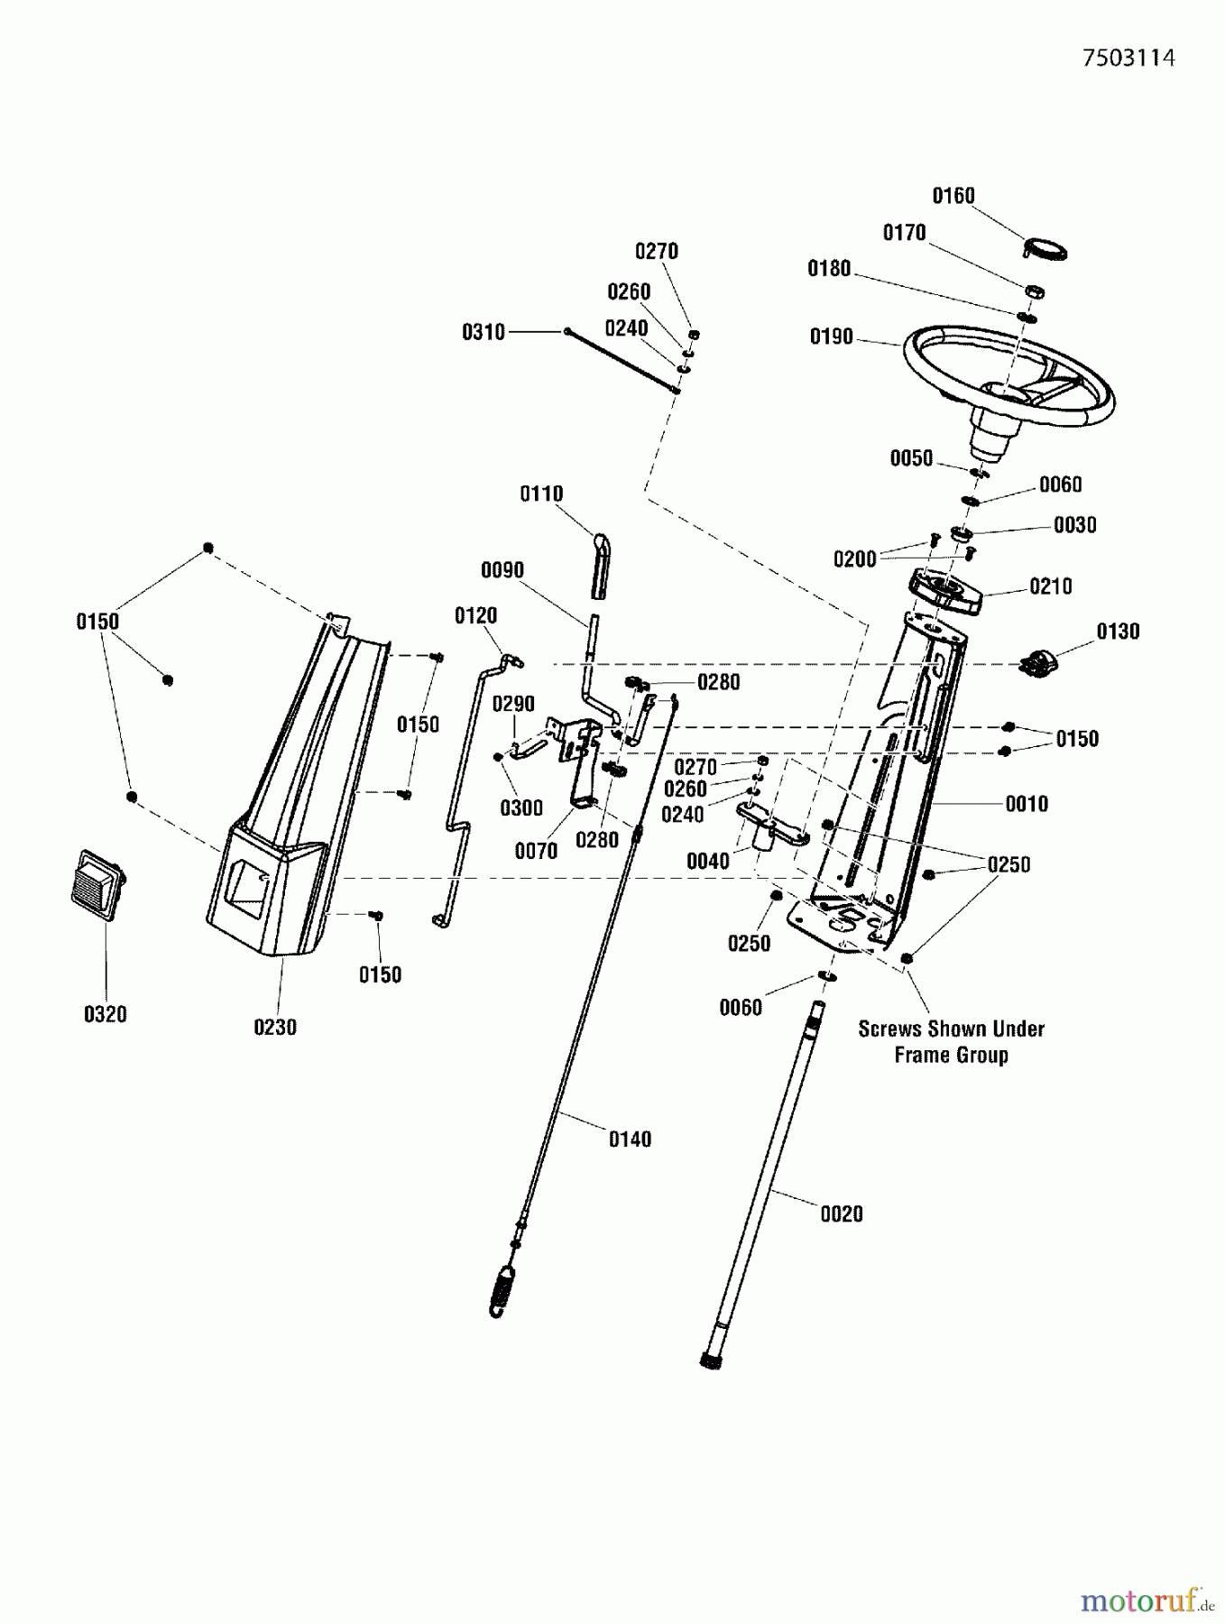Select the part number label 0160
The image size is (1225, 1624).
click(x=953, y=196)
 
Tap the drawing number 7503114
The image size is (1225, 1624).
click(x=1128, y=58)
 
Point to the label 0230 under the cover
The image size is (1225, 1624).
click(x=274, y=1027)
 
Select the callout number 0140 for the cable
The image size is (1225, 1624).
click(x=629, y=1140)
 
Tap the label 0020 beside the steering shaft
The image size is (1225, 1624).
click(x=841, y=1214)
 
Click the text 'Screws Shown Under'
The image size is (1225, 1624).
click(x=951, y=1029)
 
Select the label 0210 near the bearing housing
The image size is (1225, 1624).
click(x=1050, y=586)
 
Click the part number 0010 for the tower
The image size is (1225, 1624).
click(x=1026, y=804)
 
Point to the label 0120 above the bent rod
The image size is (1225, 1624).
click(x=475, y=615)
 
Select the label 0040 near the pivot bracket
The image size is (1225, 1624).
click(x=707, y=862)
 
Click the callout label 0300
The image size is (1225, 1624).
click(x=520, y=807)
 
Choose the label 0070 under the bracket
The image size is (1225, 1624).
click(x=535, y=851)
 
